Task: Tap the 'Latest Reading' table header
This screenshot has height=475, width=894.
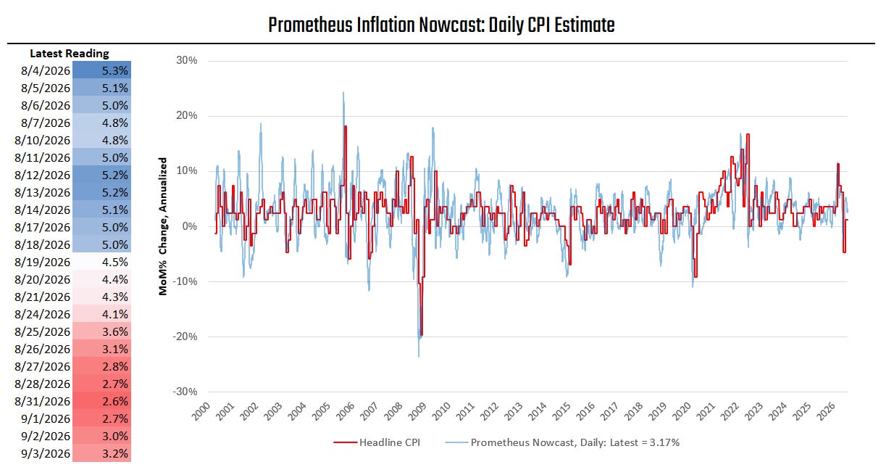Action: tap(70, 53)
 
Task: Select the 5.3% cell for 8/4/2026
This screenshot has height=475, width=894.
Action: tap(101, 70)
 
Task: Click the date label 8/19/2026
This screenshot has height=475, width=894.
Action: tap(42, 262)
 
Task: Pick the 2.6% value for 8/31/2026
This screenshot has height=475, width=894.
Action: tap(101, 401)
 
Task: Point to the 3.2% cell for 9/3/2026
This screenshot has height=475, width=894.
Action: tap(101, 453)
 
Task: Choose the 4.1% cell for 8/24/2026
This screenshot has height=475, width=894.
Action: tap(101, 314)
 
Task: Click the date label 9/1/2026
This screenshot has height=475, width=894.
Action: tap(46, 418)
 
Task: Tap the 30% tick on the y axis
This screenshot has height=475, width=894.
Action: tap(187, 60)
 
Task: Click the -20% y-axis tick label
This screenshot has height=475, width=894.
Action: tap(185, 336)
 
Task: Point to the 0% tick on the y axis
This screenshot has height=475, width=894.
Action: tap(190, 226)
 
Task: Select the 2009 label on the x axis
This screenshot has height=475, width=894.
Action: tap(417, 411)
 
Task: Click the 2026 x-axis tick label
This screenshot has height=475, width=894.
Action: tap(826, 411)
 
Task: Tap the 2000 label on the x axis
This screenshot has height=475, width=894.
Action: tap(201, 411)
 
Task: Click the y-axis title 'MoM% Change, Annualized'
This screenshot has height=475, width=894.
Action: tap(162, 226)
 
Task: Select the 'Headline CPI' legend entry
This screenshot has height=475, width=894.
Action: tap(377, 442)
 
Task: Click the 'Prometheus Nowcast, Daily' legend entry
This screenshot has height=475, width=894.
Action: tap(562, 442)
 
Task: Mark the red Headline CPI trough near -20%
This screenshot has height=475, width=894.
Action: tap(422, 335)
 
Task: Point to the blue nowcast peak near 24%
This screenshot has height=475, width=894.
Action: tap(343, 93)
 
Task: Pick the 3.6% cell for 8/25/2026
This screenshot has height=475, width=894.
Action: tap(101, 331)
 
